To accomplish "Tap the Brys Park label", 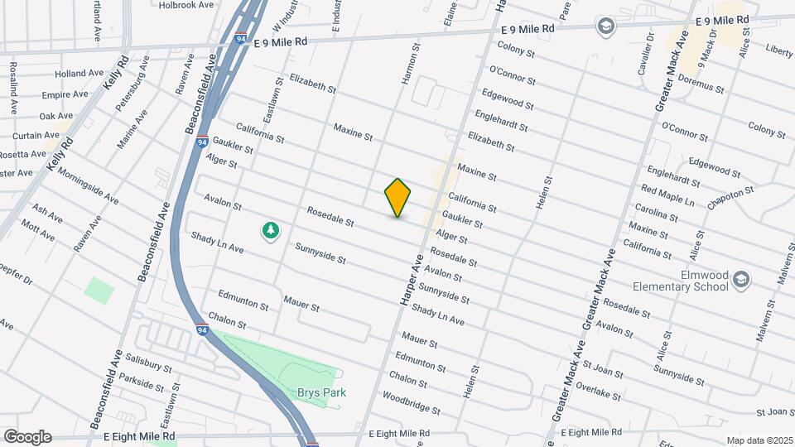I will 322,392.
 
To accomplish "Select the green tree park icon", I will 269,231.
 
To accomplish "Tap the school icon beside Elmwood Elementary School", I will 742,281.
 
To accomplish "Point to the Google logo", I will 27,436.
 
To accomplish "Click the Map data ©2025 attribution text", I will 759,440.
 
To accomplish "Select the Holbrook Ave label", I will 187,4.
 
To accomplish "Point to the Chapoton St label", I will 730,199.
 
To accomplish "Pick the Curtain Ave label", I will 36,135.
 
